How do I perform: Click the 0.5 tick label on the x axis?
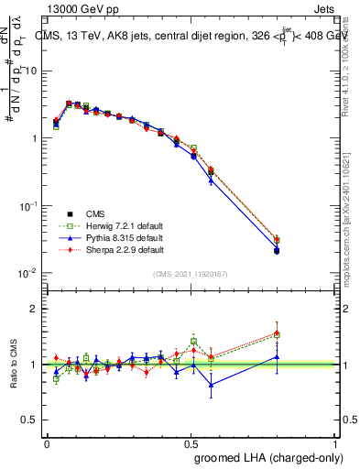click(191, 442)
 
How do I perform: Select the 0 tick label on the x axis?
click(47, 442)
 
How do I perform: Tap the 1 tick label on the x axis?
click(336, 442)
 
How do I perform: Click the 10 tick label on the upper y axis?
click(30, 71)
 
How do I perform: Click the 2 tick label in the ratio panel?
click(34, 309)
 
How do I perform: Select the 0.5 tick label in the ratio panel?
click(30, 418)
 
